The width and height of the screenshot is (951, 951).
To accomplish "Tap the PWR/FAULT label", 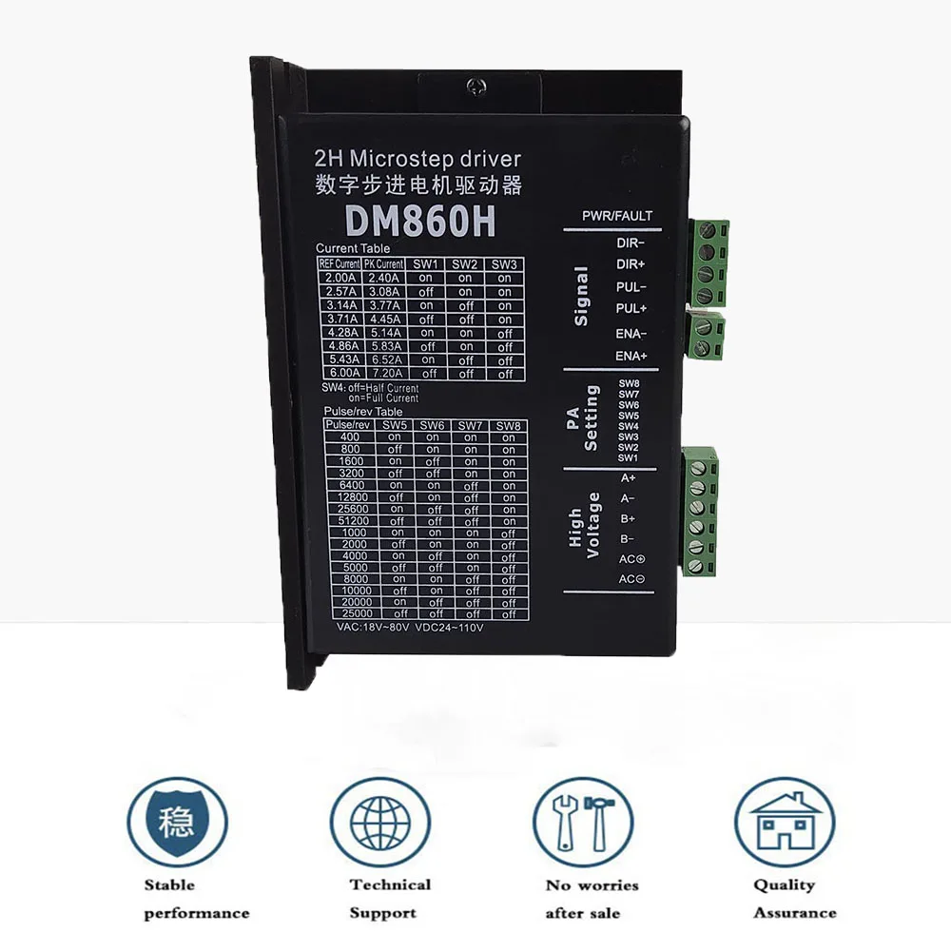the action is coord(617,216).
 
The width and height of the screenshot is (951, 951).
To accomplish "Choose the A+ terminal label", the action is coord(629,478).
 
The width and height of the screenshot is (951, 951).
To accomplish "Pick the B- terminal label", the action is coord(629,538).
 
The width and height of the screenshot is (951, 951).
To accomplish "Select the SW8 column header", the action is coord(509,424).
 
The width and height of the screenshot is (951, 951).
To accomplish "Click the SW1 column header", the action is coord(425,263).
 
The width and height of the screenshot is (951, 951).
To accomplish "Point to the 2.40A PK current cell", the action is coord(383,278).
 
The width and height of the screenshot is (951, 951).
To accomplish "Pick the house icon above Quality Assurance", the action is coord(785,821).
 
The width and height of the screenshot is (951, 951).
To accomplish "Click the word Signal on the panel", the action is coord(581,296).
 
